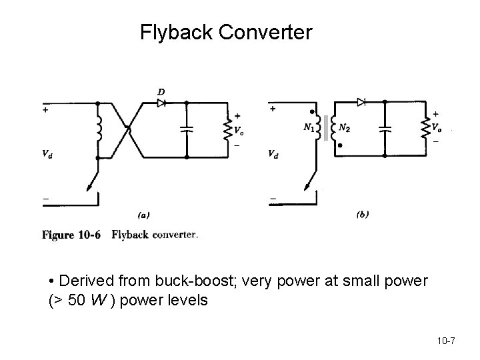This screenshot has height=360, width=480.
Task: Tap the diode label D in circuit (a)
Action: (x=161, y=91)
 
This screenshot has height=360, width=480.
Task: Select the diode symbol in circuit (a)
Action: (x=161, y=103)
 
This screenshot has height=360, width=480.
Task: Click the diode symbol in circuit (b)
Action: (x=361, y=102)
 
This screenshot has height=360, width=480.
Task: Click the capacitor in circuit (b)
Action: (x=384, y=129)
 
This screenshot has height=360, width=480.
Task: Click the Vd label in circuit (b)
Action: (x=273, y=154)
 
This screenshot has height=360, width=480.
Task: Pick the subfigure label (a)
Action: (x=143, y=215)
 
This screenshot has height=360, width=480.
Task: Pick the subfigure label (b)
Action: (x=363, y=214)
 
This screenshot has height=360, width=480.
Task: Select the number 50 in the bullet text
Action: (x=77, y=300)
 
